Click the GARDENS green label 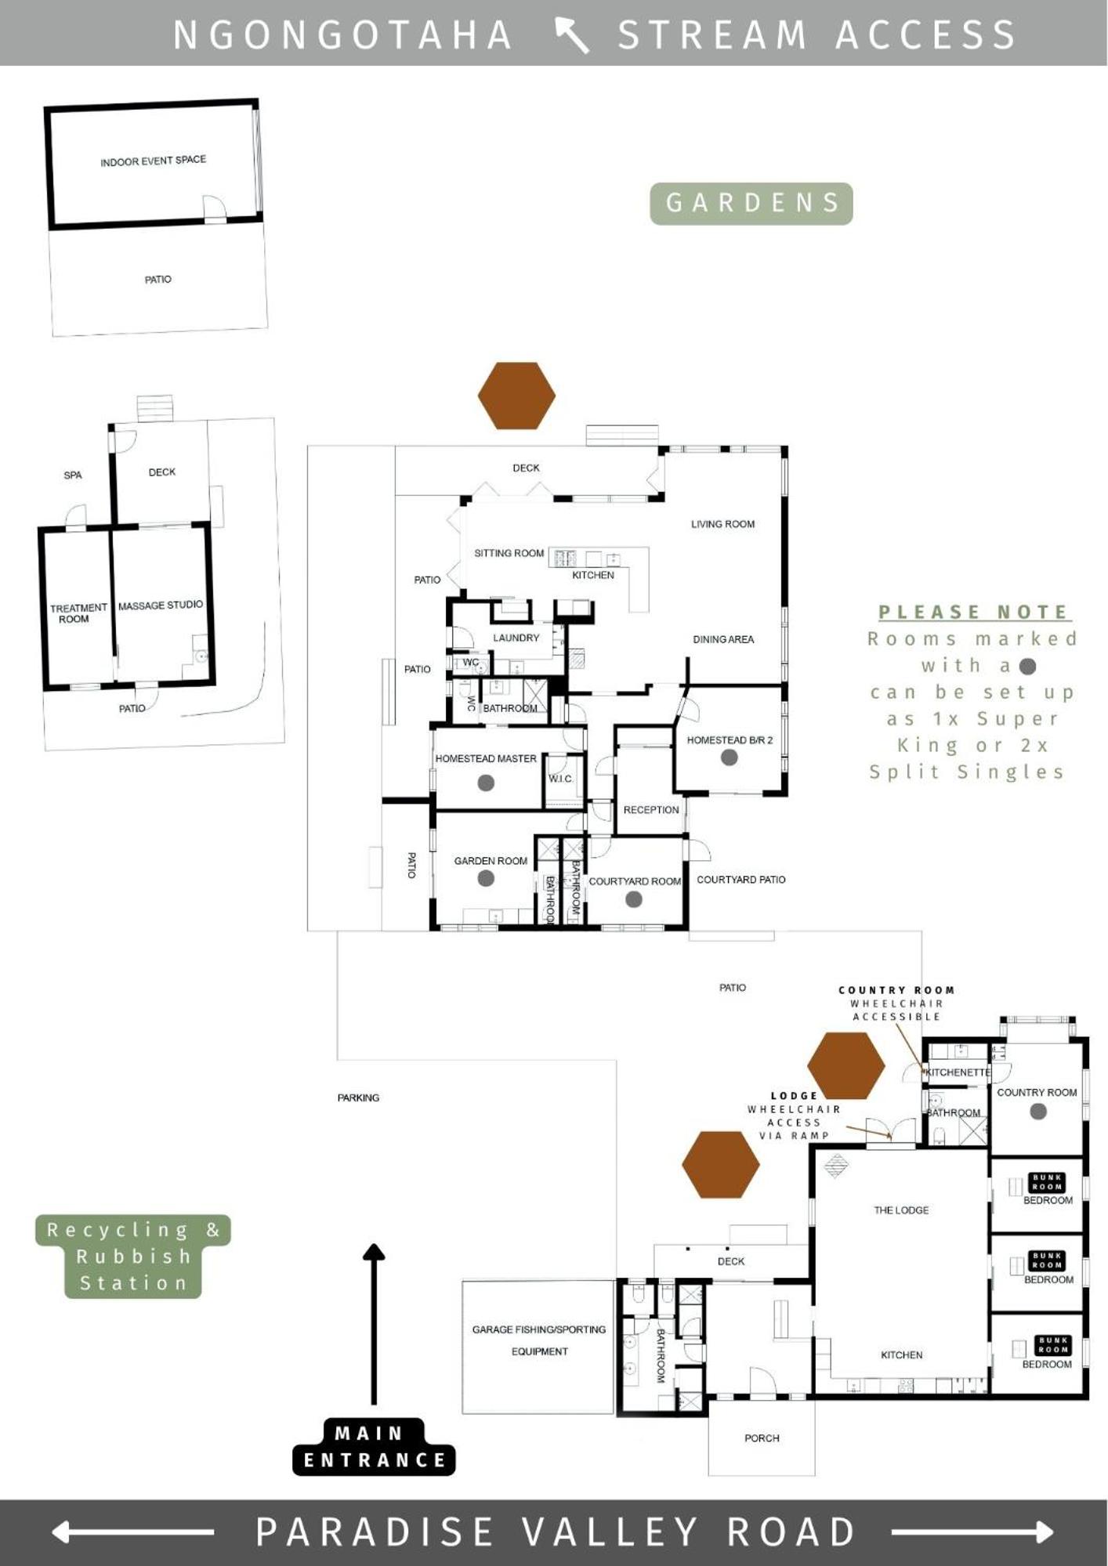click(x=751, y=204)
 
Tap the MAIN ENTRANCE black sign click(x=374, y=1447)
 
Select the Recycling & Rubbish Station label click(x=133, y=1257)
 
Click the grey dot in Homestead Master click(x=486, y=783)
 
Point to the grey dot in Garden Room click(x=486, y=879)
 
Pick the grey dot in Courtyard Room click(x=634, y=899)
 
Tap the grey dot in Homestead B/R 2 click(x=730, y=758)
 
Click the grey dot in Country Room click(x=1038, y=1111)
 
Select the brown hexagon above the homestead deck click(x=516, y=396)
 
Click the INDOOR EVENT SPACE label click(x=154, y=161)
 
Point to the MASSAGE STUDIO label click(x=161, y=606)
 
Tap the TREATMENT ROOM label click(x=78, y=613)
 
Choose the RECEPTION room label click(x=651, y=810)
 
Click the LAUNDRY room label click(x=516, y=638)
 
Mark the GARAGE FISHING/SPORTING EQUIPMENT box click(x=538, y=1347)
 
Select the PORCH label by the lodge click(x=762, y=1438)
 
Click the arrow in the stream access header click(x=572, y=35)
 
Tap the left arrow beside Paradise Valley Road click(x=132, y=1532)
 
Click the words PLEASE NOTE click(x=974, y=612)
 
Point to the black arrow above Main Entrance click(x=374, y=1324)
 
